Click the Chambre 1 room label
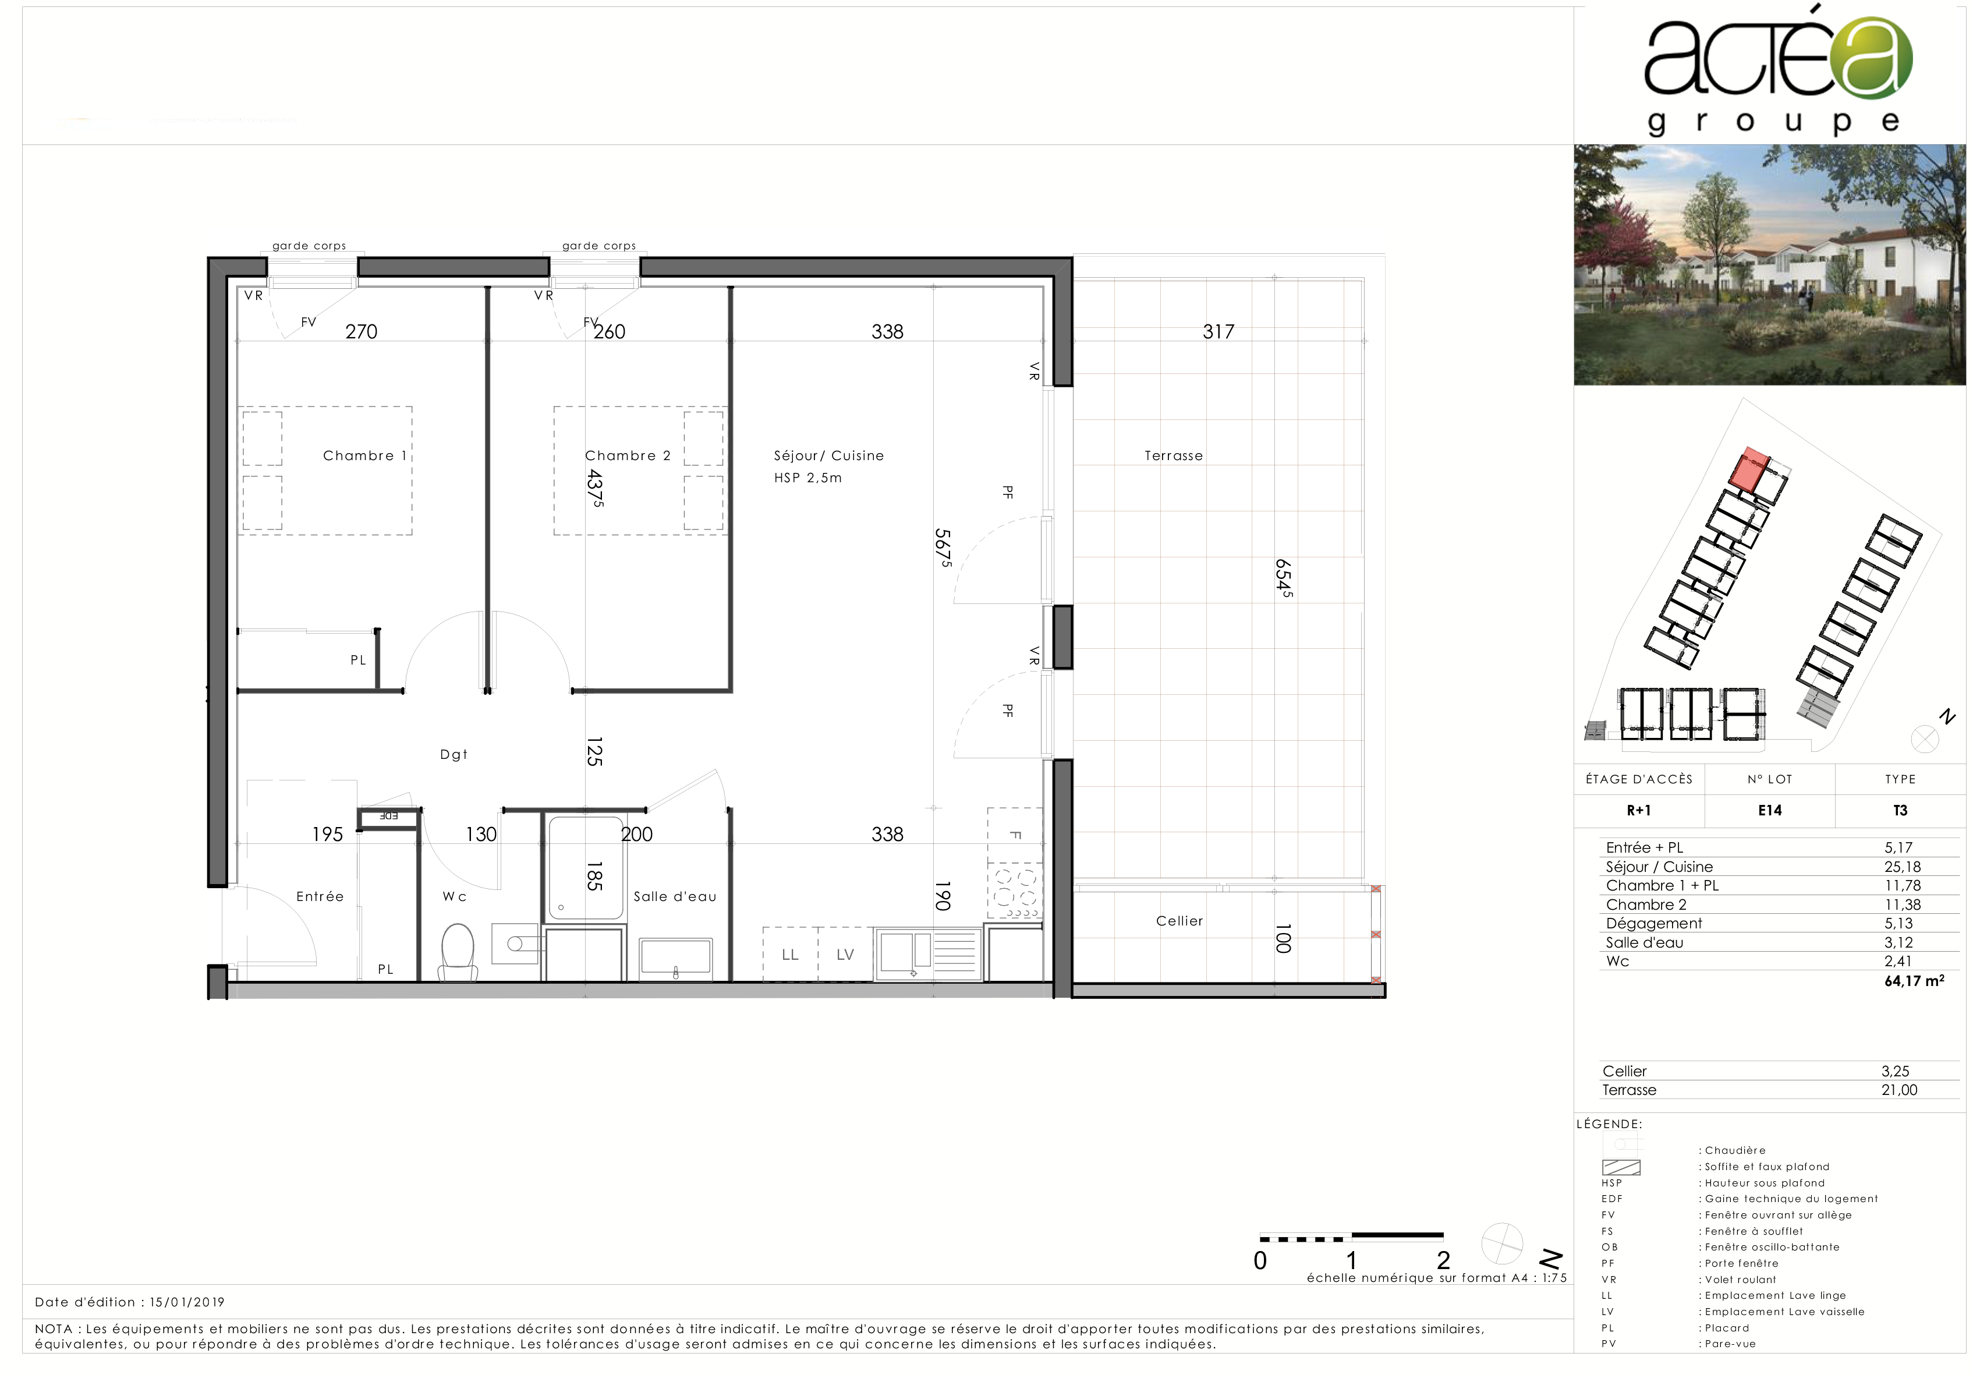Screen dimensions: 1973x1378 click(x=364, y=455)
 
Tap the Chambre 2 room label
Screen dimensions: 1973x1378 click(x=628, y=455)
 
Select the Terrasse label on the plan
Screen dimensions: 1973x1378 click(x=1173, y=455)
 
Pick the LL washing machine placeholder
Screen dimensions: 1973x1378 click(x=789, y=954)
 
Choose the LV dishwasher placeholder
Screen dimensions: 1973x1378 click(x=845, y=954)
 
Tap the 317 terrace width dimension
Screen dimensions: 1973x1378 click(x=1218, y=332)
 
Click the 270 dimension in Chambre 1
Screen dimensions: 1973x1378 click(x=361, y=332)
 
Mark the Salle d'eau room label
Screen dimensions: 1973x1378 click(x=675, y=896)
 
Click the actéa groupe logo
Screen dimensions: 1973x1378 click(x=1777, y=73)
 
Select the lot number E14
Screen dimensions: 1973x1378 click(x=1769, y=810)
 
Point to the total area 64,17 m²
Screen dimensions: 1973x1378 click(x=1914, y=981)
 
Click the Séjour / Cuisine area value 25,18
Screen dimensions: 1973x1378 click(x=1901, y=867)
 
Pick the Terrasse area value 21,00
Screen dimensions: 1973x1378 click(x=1898, y=1090)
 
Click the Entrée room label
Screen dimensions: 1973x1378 click(x=320, y=896)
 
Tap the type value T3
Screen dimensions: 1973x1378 click(x=1900, y=810)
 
